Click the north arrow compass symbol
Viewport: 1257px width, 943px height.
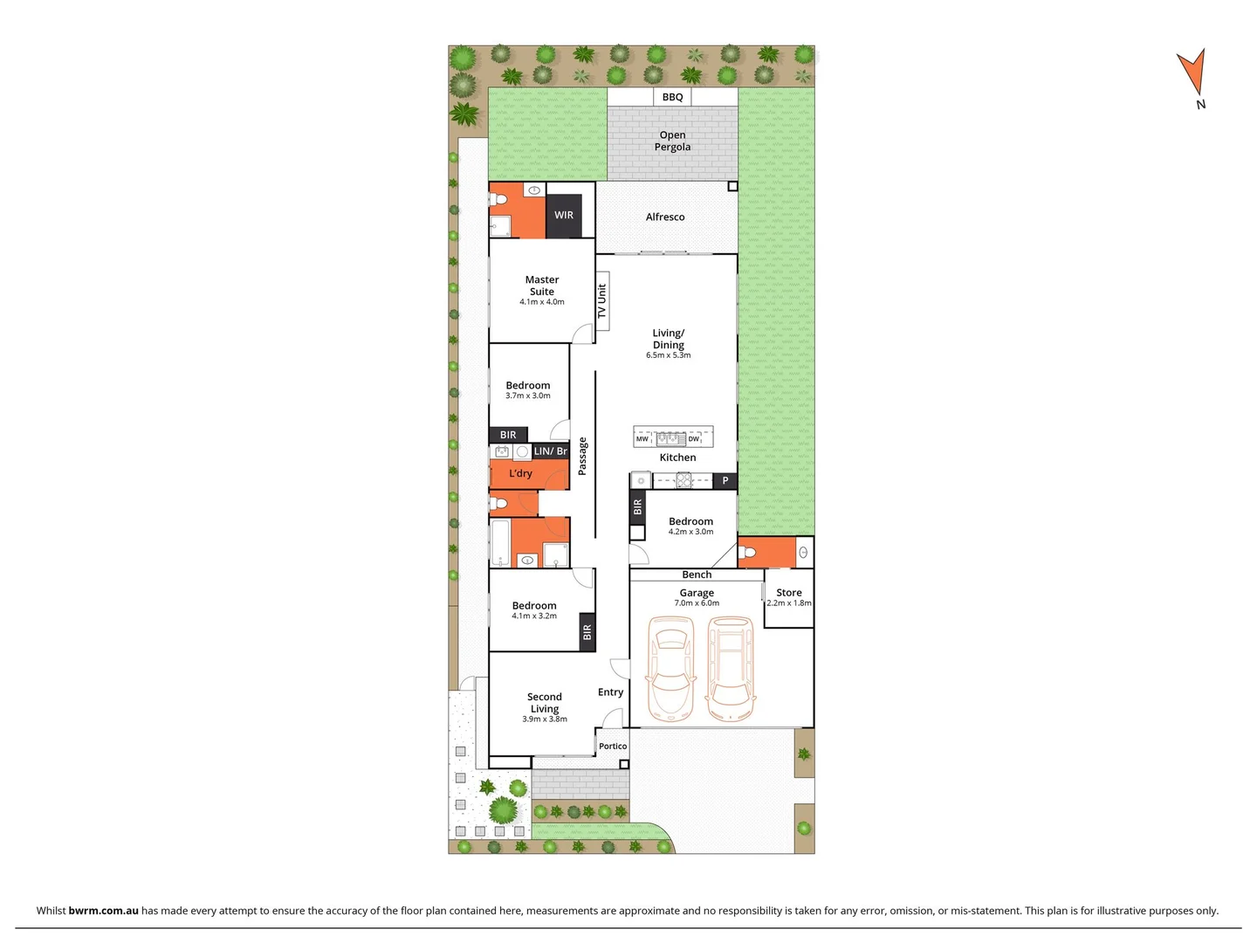(x=1192, y=73)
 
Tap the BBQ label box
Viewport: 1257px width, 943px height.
(x=672, y=97)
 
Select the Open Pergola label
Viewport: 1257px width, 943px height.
(x=672, y=141)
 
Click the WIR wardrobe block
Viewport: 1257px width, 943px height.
(x=564, y=215)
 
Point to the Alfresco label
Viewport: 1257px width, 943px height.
(x=665, y=217)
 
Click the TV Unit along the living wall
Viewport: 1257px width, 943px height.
(x=601, y=301)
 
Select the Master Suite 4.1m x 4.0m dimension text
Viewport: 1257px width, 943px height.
(x=541, y=302)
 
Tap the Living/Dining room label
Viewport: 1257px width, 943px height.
(x=669, y=339)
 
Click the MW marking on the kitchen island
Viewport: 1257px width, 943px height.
(x=642, y=439)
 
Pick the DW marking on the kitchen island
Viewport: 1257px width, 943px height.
(x=694, y=439)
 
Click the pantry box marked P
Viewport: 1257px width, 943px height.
(x=725, y=480)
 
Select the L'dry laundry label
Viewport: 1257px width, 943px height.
(x=520, y=473)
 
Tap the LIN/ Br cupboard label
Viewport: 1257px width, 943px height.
(x=550, y=451)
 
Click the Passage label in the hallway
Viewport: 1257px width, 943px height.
(x=582, y=456)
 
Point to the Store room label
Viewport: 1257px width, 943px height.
(x=788, y=592)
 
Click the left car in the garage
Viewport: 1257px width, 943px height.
(x=670, y=669)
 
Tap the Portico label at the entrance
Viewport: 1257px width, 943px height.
(x=613, y=746)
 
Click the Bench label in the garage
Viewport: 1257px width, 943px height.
(x=697, y=575)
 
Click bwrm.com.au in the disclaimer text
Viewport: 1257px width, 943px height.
(x=103, y=910)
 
